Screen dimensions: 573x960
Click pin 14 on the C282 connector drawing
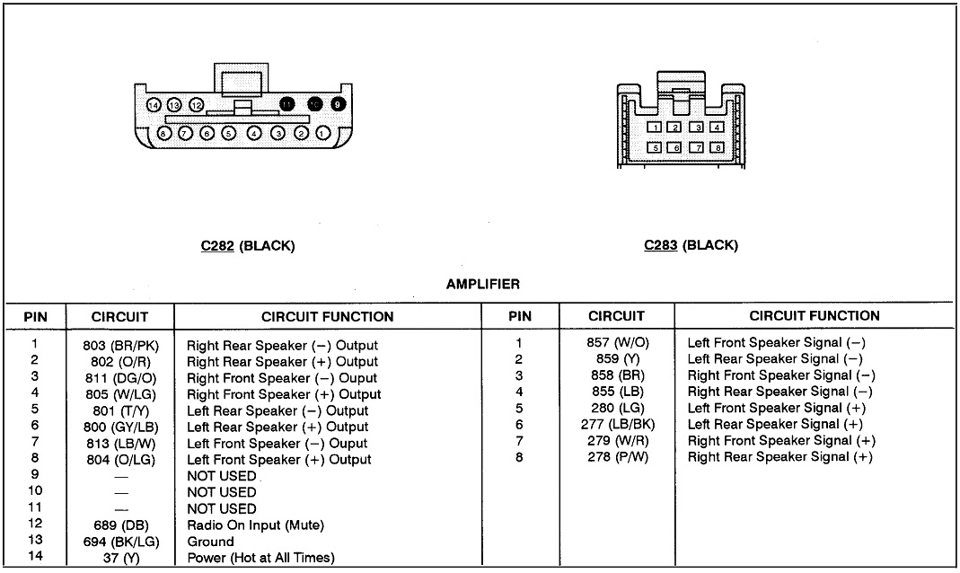pyautogui.click(x=154, y=105)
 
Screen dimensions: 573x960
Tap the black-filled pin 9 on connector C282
pyautogui.click(x=339, y=104)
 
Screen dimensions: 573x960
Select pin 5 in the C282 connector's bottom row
pyautogui.click(x=229, y=134)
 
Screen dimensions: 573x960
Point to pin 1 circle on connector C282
pyautogui.click(x=323, y=134)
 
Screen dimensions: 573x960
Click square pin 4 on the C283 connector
pyautogui.click(x=716, y=128)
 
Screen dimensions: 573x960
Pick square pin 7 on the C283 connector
pyautogui.click(x=696, y=147)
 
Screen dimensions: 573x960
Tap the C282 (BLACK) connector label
pyautogui.click(x=247, y=245)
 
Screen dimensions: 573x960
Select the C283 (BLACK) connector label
pyautogui.click(x=691, y=245)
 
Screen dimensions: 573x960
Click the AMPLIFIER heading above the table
pyautogui.click(x=482, y=285)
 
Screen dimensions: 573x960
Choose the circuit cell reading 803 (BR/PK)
pyautogui.click(x=119, y=345)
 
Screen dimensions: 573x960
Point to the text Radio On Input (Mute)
pyautogui.click(x=255, y=525)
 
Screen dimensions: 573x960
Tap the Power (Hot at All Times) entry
pyautogui.click(x=260, y=558)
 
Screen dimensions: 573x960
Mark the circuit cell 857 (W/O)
pyautogui.click(x=616, y=342)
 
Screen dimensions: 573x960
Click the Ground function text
pyautogui.click(x=210, y=542)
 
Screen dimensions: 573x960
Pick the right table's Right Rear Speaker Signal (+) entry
pyautogui.click(x=779, y=457)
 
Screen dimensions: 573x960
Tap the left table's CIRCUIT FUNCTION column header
pyautogui.click(x=327, y=316)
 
